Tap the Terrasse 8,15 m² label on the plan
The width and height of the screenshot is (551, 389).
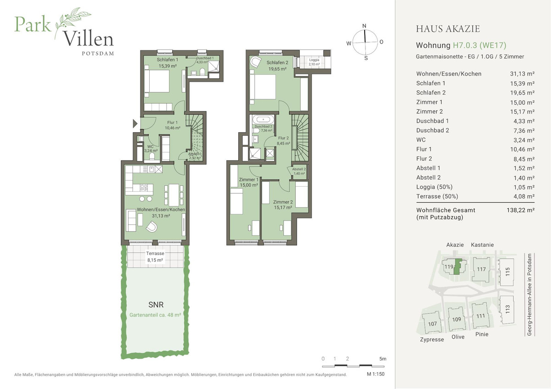[x=155, y=256]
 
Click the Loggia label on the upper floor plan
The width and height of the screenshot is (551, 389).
[x=314, y=60]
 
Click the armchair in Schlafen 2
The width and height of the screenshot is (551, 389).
[x=255, y=63]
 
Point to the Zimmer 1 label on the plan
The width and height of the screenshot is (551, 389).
[x=248, y=179]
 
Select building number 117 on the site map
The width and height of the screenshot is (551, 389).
[x=481, y=269]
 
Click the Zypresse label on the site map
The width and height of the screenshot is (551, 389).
[x=432, y=339]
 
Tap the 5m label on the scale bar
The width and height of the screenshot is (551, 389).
[x=383, y=358]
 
